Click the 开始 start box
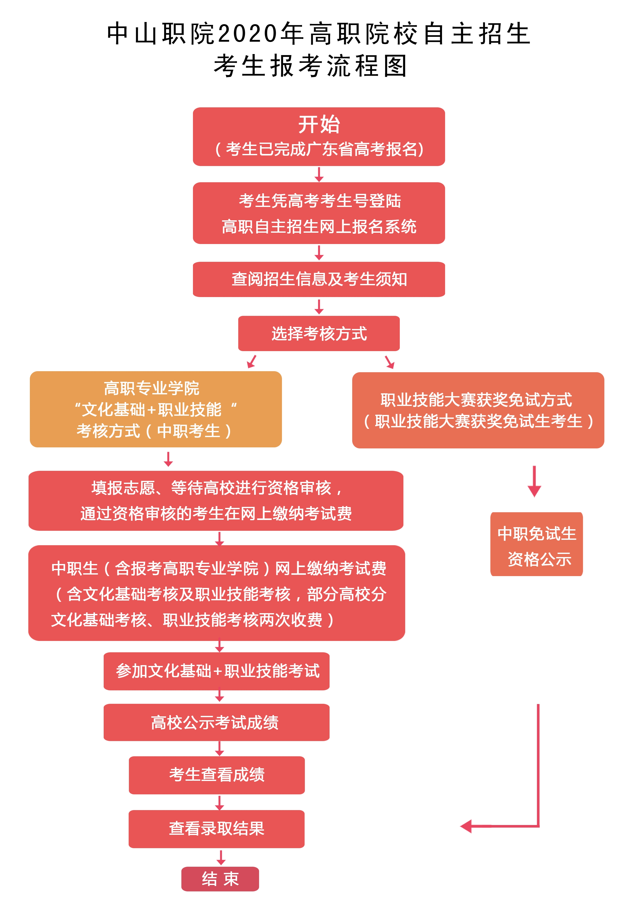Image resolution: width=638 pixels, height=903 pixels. (318, 136)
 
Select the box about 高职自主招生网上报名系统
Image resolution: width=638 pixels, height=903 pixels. (318, 213)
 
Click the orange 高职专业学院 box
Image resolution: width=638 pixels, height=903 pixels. (156, 409)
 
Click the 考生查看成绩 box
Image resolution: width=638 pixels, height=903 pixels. (217, 774)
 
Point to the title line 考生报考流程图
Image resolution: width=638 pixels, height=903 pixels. (311, 66)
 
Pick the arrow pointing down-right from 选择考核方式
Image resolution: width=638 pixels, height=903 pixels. (389, 362)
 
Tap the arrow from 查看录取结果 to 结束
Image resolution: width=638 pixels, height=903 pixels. (221, 857)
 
